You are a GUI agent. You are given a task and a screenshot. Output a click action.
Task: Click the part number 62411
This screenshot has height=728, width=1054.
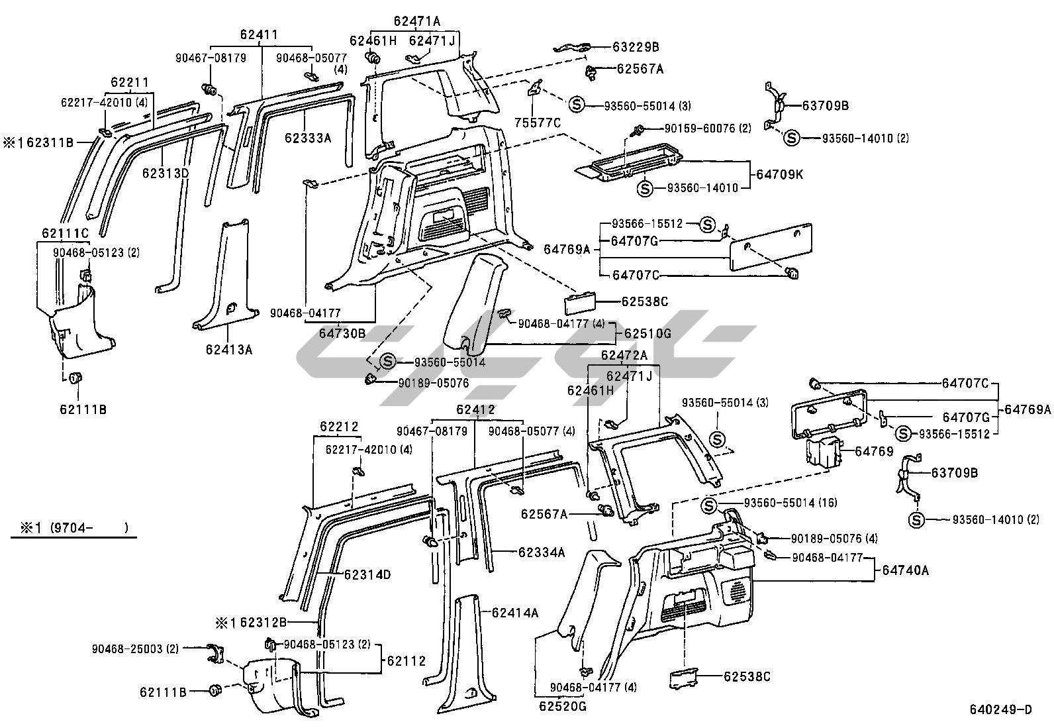click(x=258, y=35)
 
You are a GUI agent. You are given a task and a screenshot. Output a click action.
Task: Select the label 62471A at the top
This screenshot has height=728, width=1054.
click(x=417, y=21)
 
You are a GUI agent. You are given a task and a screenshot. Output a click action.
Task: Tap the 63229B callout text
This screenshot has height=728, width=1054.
click(x=636, y=47)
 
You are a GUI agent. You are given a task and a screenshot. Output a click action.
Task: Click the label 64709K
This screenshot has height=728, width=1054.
click(x=781, y=175)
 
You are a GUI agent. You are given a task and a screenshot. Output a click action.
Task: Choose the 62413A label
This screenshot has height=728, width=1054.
click(x=229, y=349)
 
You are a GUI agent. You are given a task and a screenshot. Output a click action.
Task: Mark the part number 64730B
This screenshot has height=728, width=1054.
click(x=342, y=333)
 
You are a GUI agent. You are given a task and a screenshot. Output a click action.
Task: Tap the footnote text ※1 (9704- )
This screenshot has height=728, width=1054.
click(x=71, y=528)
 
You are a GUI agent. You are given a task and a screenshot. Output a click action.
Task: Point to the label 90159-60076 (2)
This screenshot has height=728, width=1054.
click(x=701, y=129)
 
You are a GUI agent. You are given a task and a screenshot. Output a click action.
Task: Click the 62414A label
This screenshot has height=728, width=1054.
click(x=515, y=613)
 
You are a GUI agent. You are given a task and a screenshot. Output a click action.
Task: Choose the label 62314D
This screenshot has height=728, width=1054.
click(x=367, y=574)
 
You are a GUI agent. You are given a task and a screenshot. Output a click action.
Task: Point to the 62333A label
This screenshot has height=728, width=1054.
click(x=308, y=138)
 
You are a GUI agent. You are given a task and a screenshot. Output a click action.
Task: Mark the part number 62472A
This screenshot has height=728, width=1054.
click(x=624, y=355)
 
